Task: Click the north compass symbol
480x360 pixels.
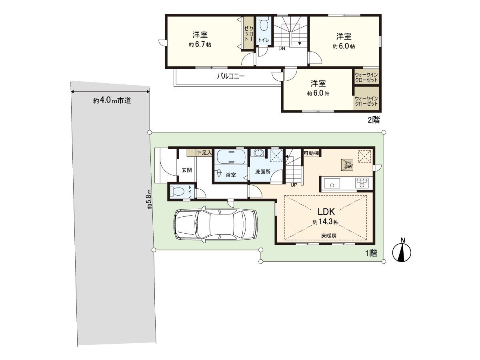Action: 402,252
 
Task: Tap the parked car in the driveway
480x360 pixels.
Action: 215,224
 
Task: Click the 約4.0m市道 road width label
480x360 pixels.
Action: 112,100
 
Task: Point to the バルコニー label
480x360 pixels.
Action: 231,76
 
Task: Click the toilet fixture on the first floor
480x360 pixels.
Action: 176,192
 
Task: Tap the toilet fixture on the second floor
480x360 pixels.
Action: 264,25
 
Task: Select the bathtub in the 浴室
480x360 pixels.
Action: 231,156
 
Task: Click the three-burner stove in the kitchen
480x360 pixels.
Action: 362,183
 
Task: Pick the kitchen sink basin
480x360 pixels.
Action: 332,183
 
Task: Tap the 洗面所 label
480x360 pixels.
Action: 263,172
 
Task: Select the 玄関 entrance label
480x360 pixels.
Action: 187,170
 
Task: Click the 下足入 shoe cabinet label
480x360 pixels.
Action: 204,152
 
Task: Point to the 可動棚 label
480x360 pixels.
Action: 311,153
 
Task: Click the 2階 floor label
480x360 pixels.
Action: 374,120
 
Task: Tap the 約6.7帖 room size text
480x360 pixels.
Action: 200,44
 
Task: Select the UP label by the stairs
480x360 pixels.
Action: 294,185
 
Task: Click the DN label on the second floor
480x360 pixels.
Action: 282,48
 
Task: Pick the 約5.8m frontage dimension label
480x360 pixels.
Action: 149,199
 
